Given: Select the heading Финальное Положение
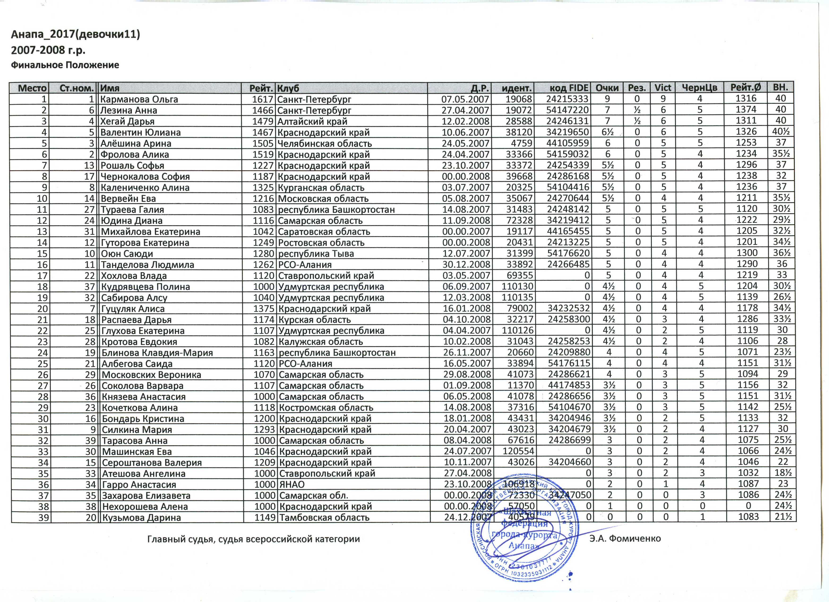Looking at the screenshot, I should [x=65, y=65].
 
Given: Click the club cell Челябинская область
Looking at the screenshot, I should [x=325, y=144].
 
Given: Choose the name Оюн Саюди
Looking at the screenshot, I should [x=127, y=254].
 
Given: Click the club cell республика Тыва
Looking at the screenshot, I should [x=316, y=254].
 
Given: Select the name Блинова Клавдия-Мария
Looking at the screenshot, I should [x=157, y=352].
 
